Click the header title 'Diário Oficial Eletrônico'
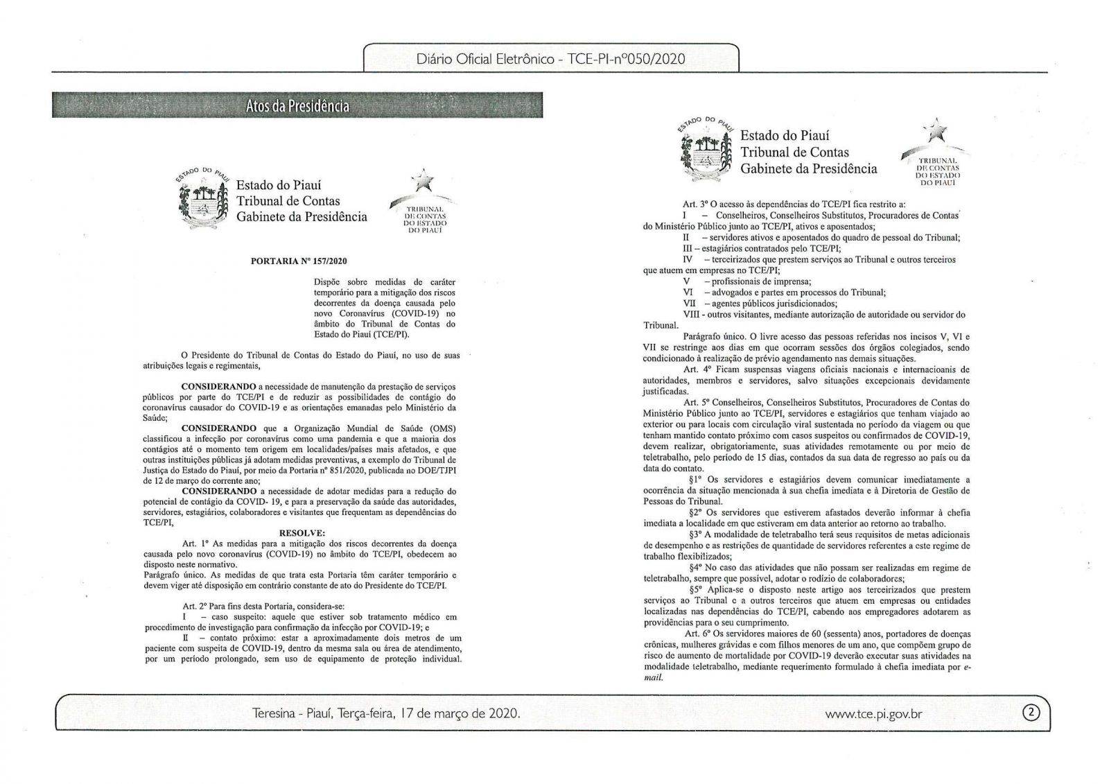pos(486,59)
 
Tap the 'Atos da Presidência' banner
pos(297,106)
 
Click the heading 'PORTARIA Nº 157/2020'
pos(298,261)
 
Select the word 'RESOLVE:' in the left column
pos(301,532)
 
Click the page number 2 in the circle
pos(1032,713)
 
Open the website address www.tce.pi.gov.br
pos(874,713)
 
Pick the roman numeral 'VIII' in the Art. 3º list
pos(692,314)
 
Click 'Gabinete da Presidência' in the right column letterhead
pos(808,168)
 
